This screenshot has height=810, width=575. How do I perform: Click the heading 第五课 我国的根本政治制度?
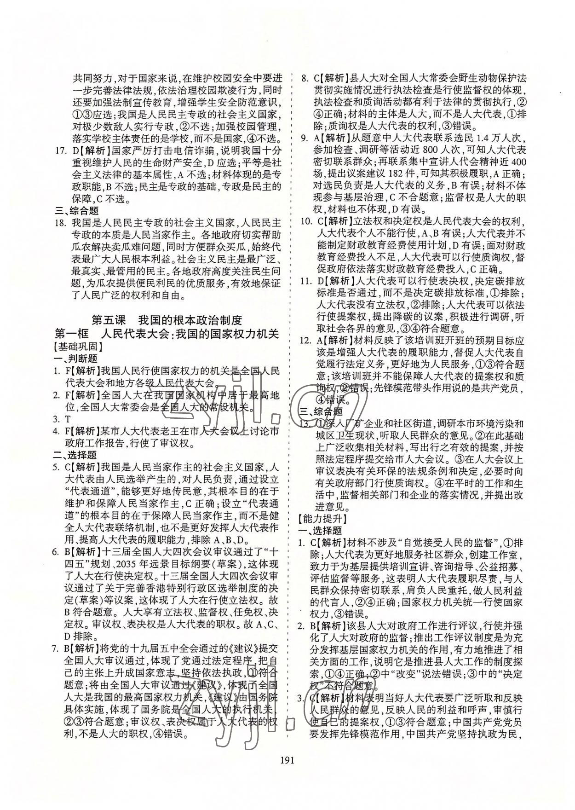(167, 320)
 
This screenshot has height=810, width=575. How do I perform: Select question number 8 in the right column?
(304, 78)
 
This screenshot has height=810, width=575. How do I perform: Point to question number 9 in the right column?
(304, 138)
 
